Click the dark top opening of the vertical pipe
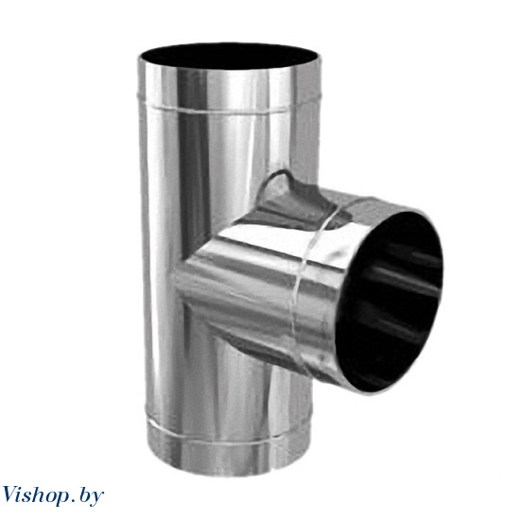click(x=229, y=56)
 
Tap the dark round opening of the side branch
click(x=390, y=302)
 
